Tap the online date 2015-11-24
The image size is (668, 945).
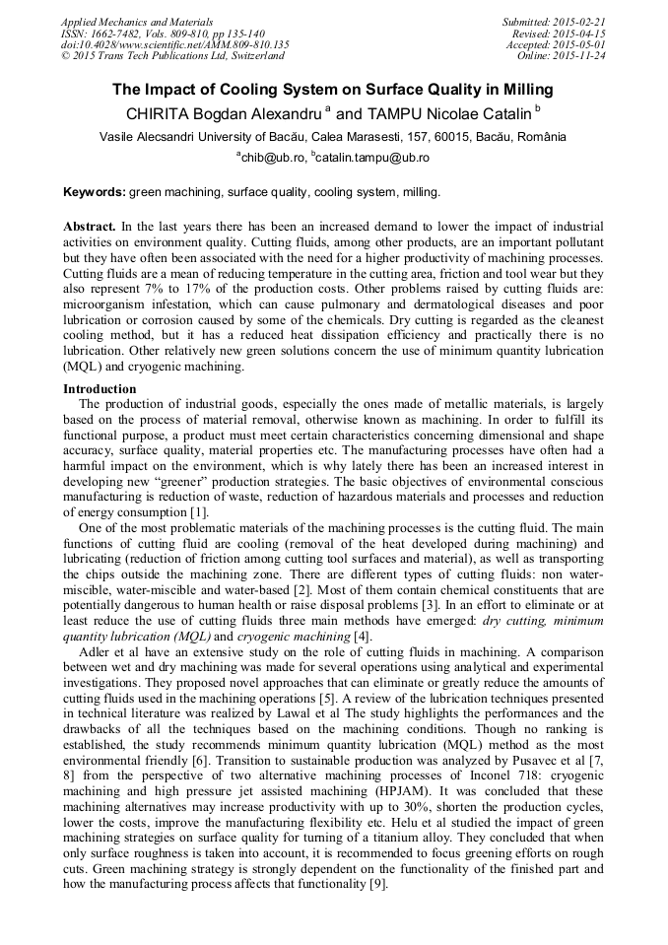tap(581, 56)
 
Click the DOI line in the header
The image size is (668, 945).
tap(174, 44)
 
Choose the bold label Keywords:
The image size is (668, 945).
tap(95, 191)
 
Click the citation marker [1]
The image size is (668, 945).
tap(198, 512)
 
